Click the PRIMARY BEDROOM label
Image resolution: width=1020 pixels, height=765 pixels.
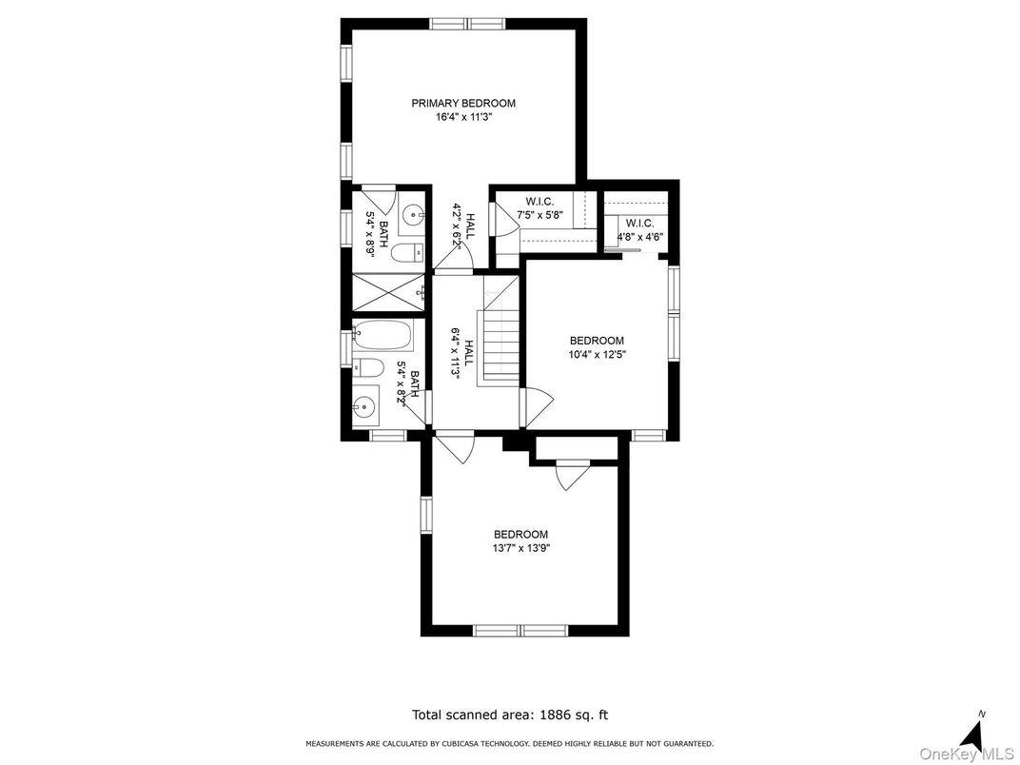pos(463,103)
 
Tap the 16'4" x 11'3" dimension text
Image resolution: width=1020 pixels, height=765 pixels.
pos(463,117)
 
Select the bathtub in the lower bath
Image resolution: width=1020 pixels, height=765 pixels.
pos(383,335)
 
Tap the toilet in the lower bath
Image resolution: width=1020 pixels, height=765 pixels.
pos(369,368)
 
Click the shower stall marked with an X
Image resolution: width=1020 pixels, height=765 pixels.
pos(386,292)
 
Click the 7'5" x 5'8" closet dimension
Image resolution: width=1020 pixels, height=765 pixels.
pos(539,216)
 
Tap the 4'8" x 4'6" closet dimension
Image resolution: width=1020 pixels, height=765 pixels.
pos(640,237)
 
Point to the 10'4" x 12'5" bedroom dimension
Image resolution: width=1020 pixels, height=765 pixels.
pos(597,355)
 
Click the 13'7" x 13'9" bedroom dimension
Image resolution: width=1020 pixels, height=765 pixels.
pos(520,548)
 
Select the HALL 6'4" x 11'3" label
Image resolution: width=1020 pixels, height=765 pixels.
pos(462,354)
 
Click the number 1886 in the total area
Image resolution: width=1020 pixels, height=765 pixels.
pos(558,714)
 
